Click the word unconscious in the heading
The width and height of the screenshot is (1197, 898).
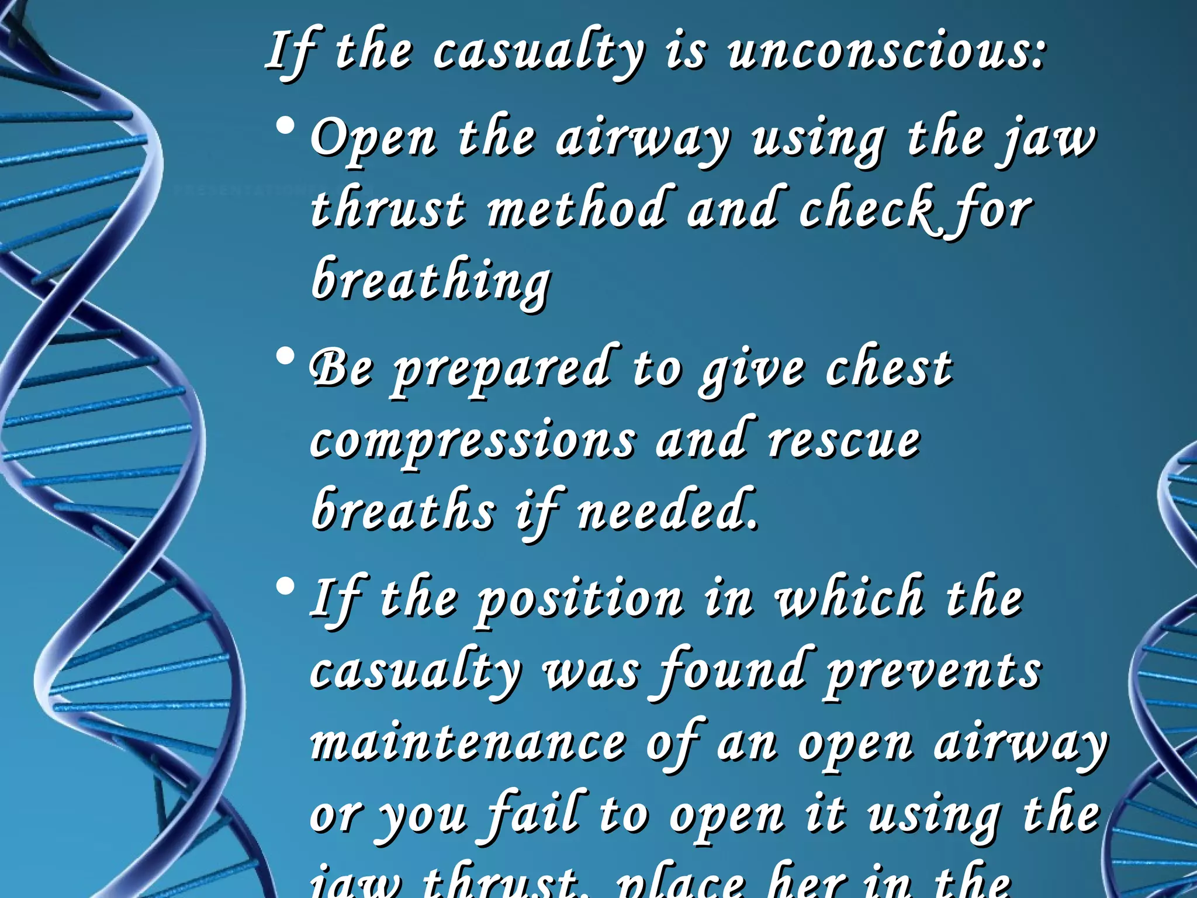coord(886,53)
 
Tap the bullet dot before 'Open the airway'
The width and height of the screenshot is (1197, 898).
coord(286,126)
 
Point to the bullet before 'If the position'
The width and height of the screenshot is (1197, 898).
coord(286,587)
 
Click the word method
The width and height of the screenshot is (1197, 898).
coord(576,208)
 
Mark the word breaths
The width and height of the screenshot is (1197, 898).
coord(403,510)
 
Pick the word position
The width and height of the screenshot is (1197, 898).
coord(579,600)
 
